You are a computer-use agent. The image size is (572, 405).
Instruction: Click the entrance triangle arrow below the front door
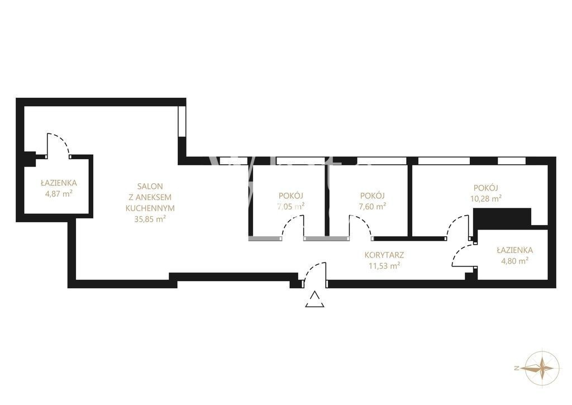point(315,299)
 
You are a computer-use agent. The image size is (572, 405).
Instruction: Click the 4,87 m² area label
point(58,193)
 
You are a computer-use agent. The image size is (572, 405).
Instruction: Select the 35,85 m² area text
point(150,220)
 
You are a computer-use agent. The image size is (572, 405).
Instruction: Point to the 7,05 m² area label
point(290,206)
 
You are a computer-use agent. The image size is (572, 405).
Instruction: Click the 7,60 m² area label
point(373,207)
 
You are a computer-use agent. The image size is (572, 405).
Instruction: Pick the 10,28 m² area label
point(485,198)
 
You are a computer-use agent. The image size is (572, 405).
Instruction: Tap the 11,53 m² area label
point(384,265)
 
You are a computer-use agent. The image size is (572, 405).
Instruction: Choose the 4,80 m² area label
point(514,261)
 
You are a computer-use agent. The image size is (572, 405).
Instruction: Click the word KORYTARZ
point(384,255)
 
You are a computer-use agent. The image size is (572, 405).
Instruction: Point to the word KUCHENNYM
point(150,208)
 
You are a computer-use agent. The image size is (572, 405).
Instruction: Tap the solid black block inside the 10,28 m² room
point(502,217)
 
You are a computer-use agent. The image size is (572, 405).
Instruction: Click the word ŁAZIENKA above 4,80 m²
point(514,250)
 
